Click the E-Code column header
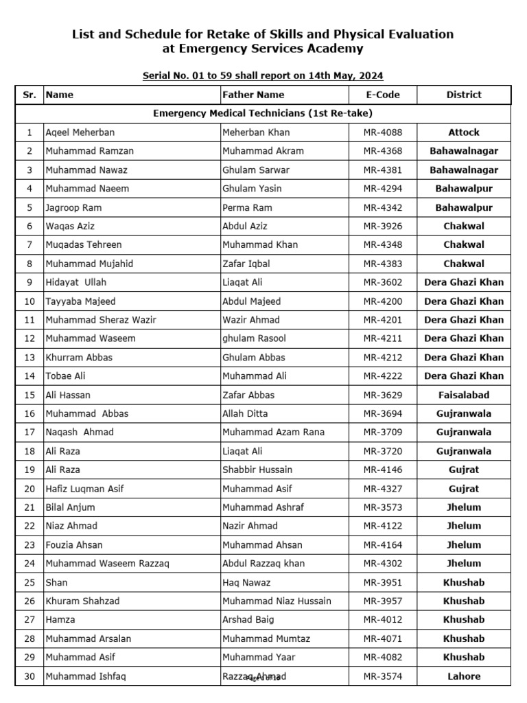coord(383,95)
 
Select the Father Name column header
coord(253,95)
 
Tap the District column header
coord(464,95)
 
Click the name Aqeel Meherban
coord(80,132)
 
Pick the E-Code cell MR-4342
coord(383,207)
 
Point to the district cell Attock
coord(464,132)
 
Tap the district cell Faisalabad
coord(464,395)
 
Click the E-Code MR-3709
coord(383,432)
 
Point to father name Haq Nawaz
coord(246,582)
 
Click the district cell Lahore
coord(464,676)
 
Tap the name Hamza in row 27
coord(58,620)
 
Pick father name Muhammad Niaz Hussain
coord(277,601)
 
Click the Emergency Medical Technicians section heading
coord(263,113)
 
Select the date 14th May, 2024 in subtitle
coord(340,76)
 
